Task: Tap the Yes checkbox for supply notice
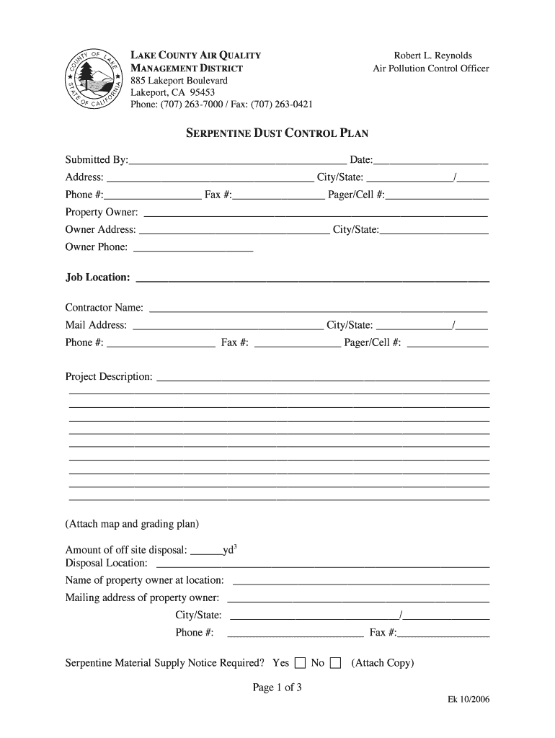coord(300,664)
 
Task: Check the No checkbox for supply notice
coord(335,664)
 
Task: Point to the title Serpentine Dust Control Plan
coord(277,133)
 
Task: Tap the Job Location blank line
coord(312,280)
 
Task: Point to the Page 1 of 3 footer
coord(277,688)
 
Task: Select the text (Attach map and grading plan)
coord(132,523)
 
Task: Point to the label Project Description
coord(109,377)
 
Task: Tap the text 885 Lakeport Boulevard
coord(179,81)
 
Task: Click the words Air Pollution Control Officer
coord(430,69)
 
